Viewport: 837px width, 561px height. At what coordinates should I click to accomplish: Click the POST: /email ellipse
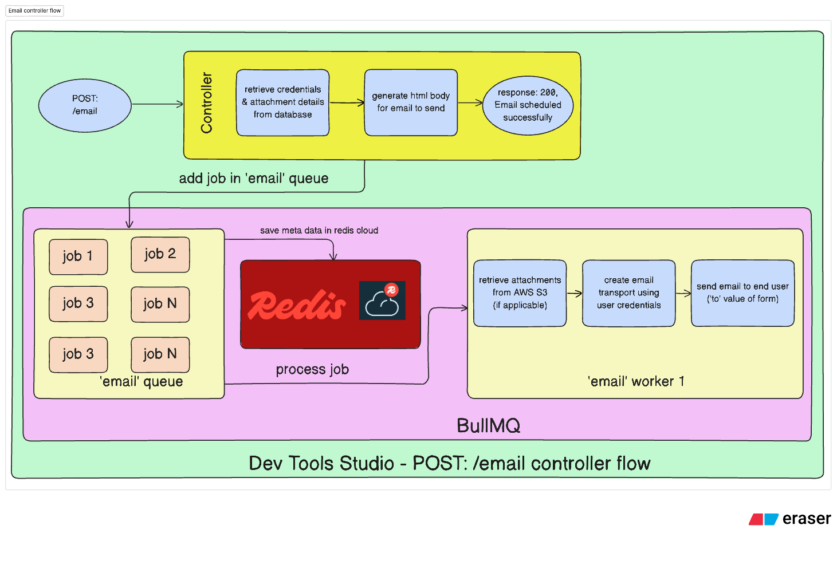click(x=85, y=105)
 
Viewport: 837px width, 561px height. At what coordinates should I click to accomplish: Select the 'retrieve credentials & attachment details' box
click(x=282, y=102)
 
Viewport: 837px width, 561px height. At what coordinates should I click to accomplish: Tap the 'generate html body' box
click(x=411, y=102)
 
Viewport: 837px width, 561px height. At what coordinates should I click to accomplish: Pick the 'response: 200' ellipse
click(x=528, y=105)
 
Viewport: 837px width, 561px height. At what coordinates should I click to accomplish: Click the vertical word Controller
click(x=207, y=103)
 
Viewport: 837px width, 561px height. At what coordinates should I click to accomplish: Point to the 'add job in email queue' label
click(x=253, y=179)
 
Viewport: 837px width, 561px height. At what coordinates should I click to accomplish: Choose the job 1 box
click(x=78, y=256)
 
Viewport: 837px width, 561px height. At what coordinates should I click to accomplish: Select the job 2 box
click(x=160, y=254)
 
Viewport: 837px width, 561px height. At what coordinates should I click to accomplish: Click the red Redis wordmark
click(x=296, y=305)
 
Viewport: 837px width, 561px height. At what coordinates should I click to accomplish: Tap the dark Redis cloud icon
click(x=382, y=301)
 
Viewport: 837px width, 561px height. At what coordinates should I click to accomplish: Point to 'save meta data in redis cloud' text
click(x=319, y=231)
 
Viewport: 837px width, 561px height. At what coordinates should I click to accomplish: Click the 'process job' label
click(x=312, y=370)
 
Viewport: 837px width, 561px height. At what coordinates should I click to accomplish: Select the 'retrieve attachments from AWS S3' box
click(x=520, y=293)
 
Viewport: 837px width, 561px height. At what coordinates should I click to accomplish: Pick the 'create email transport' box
click(x=628, y=293)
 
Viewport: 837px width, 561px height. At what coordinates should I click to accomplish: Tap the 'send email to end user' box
click(x=742, y=293)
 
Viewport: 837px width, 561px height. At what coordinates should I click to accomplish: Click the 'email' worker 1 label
click(x=636, y=382)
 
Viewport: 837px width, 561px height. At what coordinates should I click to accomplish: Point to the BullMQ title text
click(x=488, y=426)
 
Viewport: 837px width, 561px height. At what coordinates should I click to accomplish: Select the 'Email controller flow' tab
click(x=35, y=11)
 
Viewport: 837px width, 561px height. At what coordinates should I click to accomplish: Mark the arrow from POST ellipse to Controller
click(x=157, y=104)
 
